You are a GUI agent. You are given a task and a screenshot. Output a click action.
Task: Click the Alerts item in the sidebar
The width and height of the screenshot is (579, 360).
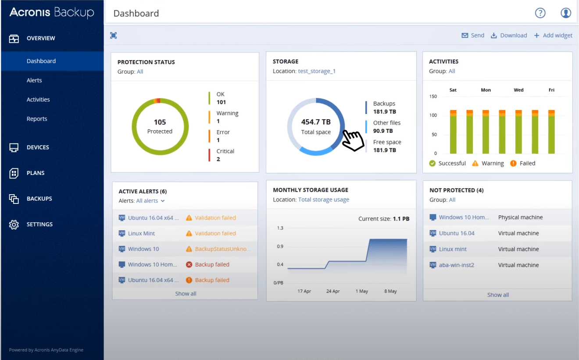[34, 80]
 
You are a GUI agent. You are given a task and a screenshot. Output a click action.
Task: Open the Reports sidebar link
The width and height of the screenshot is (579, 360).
[37, 119]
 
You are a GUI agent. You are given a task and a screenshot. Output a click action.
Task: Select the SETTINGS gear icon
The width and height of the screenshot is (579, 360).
[14, 225]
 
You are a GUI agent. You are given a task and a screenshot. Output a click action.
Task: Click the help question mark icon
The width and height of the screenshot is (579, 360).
[540, 13]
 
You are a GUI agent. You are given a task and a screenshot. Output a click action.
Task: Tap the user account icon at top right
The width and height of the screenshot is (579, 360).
[566, 13]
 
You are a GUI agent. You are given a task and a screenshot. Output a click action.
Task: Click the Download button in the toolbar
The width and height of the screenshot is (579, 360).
[509, 36]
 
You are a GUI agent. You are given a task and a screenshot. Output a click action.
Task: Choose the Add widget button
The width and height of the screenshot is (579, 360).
[553, 36]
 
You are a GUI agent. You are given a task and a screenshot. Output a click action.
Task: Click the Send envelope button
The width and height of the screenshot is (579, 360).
[473, 36]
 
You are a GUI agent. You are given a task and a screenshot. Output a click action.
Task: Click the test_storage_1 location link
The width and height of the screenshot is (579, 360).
[317, 71]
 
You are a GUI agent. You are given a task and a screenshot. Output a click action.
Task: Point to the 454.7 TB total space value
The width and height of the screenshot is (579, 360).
[316, 122]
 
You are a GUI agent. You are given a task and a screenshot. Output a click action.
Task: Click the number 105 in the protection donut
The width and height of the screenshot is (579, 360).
[160, 122]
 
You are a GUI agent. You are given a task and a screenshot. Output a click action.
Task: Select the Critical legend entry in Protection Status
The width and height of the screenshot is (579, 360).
[225, 155]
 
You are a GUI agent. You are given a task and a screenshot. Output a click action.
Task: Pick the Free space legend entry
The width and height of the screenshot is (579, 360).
[387, 146]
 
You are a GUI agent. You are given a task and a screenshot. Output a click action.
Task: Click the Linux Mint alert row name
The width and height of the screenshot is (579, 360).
[141, 233]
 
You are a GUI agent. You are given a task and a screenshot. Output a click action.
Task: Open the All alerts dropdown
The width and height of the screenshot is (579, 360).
[150, 201]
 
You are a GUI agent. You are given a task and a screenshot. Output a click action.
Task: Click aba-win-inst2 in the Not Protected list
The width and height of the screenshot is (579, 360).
[456, 265]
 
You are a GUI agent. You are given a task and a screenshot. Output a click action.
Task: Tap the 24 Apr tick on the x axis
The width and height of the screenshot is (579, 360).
[333, 291]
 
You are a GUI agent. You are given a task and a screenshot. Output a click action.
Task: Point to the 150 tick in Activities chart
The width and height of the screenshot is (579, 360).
[433, 96]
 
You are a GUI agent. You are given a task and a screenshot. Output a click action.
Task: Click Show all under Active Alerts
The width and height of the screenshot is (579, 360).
[186, 293]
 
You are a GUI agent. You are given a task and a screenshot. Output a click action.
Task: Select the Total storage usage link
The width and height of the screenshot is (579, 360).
[324, 200]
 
